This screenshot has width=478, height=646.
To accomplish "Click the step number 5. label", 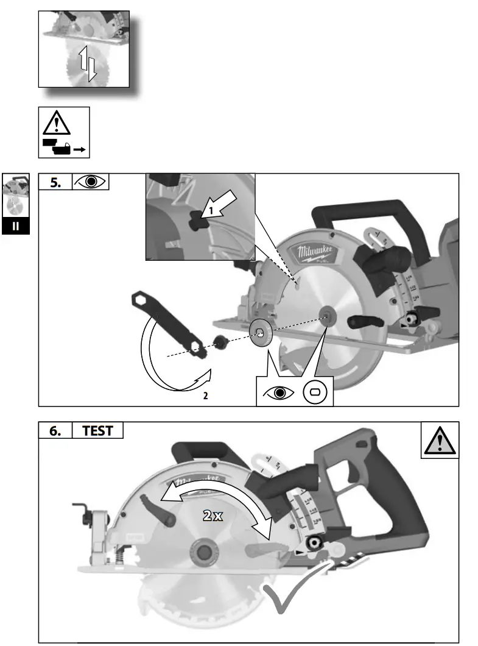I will (x=55, y=182).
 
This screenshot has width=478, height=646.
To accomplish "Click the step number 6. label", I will (x=55, y=430).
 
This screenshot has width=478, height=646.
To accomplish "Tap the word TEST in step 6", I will (x=97, y=430).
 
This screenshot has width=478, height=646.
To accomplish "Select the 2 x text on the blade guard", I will (x=213, y=516).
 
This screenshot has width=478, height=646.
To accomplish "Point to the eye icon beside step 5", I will (x=90, y=182).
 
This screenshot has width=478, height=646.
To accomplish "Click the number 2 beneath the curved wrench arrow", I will (x=205, y=396).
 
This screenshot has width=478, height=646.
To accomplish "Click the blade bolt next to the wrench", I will (x=219, y=341).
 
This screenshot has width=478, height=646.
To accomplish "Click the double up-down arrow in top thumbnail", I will (x=87, y=63).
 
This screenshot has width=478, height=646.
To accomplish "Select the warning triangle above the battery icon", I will (x=57, y=124).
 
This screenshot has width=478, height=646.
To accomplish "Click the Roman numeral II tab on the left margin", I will (x=16, y=226).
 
